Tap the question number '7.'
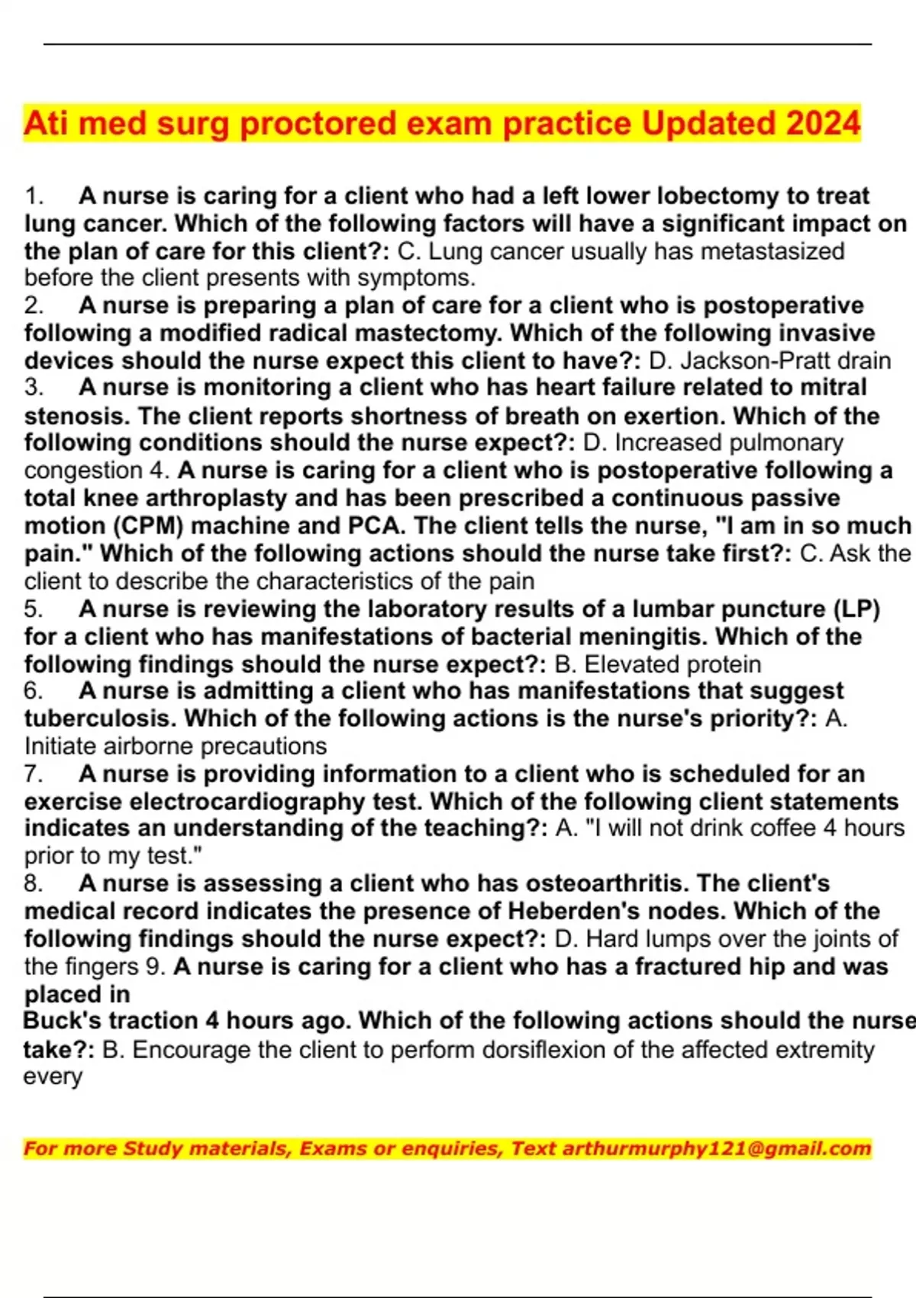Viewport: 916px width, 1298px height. [34, 774]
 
